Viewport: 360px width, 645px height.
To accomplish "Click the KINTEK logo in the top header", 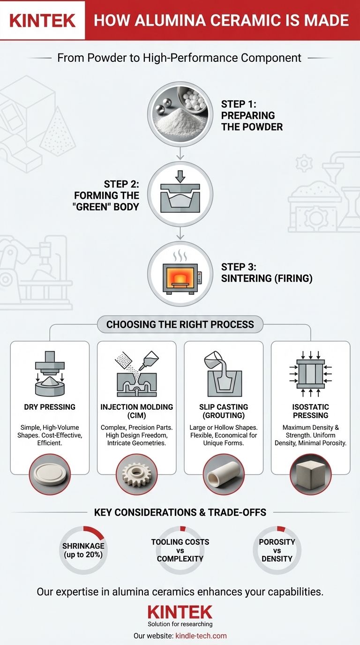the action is pyautogui.click(x=42, y=21).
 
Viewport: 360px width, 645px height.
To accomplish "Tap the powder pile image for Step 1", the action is pyautogui.click(x=180, y=114).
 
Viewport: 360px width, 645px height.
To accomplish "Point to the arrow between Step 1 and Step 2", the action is pyautogui.click(x=180, y=153).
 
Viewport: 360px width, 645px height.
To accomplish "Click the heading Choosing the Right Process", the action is pyautogui.click(x=180, y=324).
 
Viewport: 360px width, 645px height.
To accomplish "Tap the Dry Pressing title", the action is pyautogui.click(x=50, y=407).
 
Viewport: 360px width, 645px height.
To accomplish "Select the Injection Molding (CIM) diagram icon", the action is pyautogui.click(x=137, y=374).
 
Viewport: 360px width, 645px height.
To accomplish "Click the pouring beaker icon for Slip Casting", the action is pyautogui.click(x=224, y=374).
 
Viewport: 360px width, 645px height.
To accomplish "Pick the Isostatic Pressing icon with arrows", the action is pyautogui.click(x=310, y=374).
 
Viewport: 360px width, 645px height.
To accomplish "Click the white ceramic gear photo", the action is pyautogui.click(x=137, y=474).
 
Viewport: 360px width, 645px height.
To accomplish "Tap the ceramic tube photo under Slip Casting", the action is pyautogui.click(x=224, y=474).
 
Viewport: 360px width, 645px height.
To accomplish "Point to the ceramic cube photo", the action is pyautogui.click(x=310, y=474).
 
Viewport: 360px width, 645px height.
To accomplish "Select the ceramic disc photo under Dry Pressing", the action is pyautogui.click(x=50, y=474).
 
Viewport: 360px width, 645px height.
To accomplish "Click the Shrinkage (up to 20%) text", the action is pyautogui.click(x=83, y=550).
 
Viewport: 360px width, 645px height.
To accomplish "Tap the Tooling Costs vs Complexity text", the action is pyautogui.click(x=180, y=550).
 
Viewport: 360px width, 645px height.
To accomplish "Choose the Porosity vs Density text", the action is pyautogui.click(x=277, y=550).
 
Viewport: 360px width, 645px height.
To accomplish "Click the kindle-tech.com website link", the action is pyautogui.click(x=201, y=636).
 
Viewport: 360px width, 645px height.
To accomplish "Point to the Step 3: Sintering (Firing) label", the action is pyautogui.click(x=267, y=273).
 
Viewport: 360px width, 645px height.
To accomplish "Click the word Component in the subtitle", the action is pyautogui.click(x=271, y=58).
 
